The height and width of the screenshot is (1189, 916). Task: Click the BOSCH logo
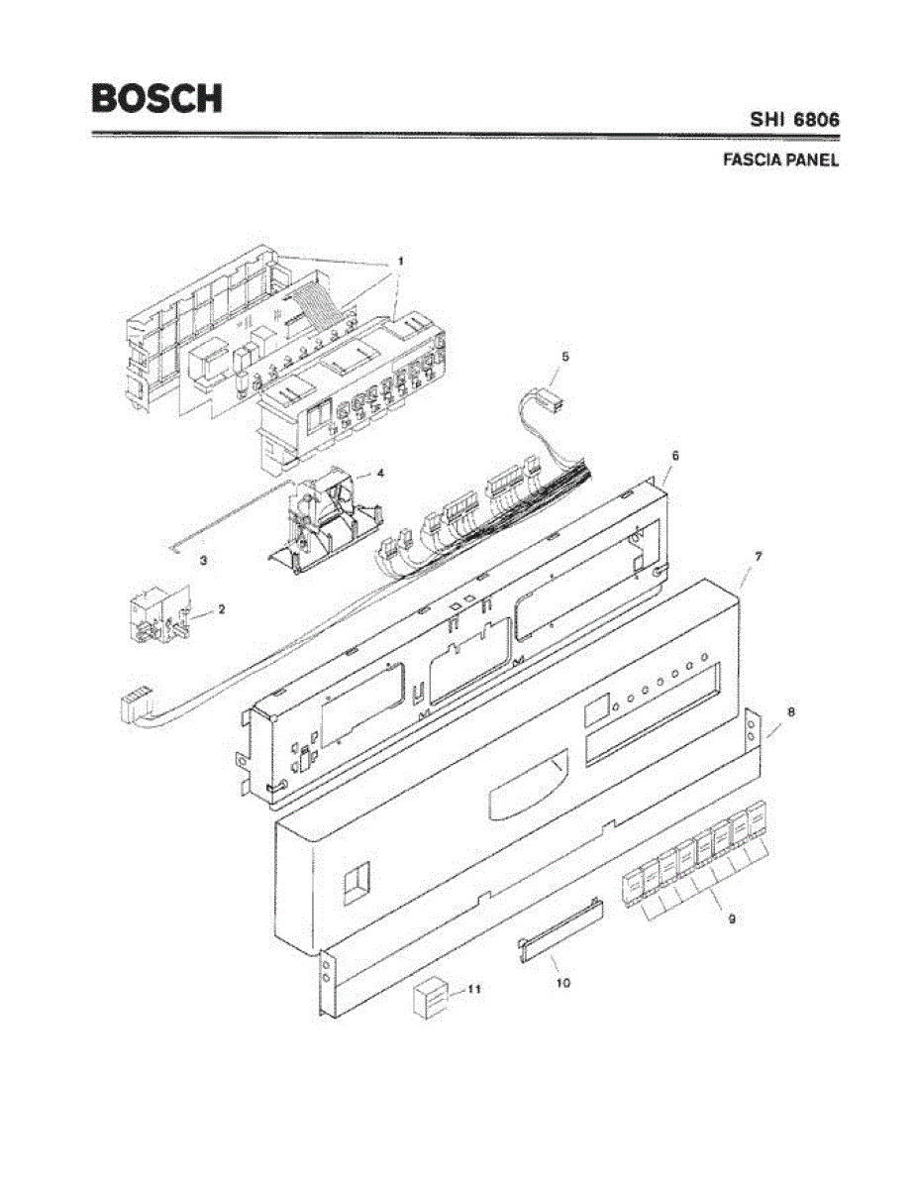click(x=156, y=98)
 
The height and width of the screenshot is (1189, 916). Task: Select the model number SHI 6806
click(x=794, y=120)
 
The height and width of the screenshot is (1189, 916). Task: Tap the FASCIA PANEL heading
click(x=781, y=161)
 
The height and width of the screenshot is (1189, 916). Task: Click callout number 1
click(x=400, y=260)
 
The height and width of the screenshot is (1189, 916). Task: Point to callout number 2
click(x=221, y=609)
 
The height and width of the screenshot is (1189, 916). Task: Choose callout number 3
click(x=203, y=561)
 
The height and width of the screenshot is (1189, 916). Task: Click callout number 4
click(x=380, y=473)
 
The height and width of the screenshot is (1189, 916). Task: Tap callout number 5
click(x=565, y=355)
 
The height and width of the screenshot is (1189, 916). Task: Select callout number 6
click(x=674, y=455)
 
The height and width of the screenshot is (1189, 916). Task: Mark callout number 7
click(x=758, y=558)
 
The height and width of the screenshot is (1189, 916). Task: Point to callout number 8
click(x=790, y=711)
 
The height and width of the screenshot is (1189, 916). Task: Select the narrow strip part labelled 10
click(x=559, y=932)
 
